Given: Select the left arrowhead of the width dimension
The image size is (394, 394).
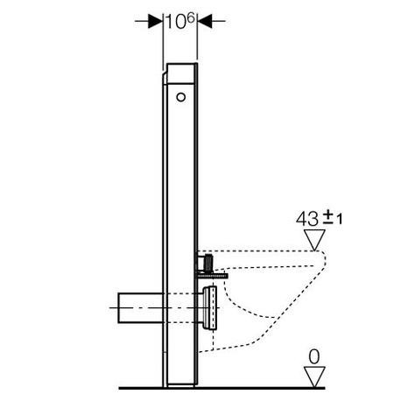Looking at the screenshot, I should click(156, 20).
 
